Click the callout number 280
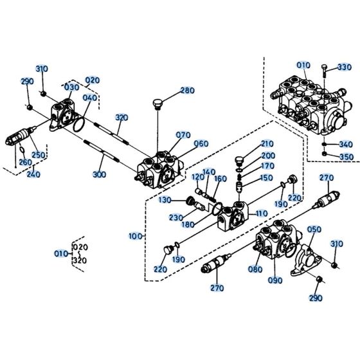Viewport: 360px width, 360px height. [186, 90]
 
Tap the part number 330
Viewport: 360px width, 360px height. [345, 67]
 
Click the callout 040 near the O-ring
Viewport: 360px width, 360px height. [90, 98]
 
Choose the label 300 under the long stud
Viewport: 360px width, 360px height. [100, 174]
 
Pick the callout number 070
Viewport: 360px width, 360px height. [183, 135]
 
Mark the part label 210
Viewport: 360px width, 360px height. [267, 143]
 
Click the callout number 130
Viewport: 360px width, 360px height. [165, 200]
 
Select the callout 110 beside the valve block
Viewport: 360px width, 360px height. [261, 213]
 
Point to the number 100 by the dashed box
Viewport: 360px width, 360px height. [135, 237]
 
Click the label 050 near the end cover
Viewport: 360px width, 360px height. [314, 230]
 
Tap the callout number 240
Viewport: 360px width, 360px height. [33, 174]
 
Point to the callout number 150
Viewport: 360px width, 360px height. [266, 177]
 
